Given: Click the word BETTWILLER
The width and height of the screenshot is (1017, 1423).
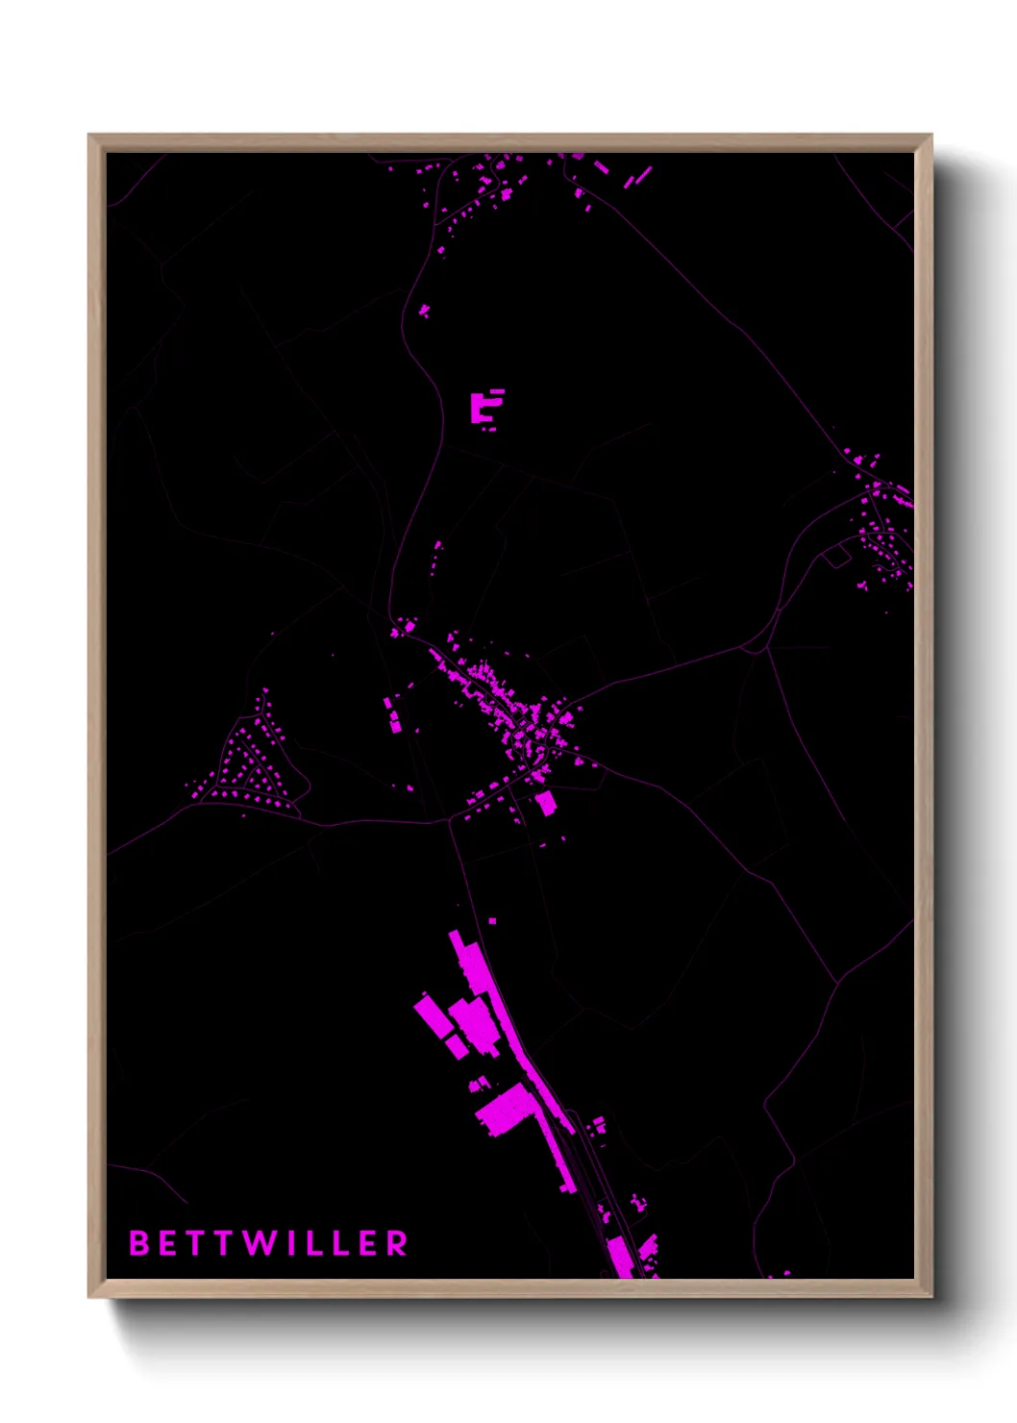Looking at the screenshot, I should point(268,1243).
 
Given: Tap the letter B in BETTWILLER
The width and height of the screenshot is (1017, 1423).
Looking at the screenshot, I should point(138,1243).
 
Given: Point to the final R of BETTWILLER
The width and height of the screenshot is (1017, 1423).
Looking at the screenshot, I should point(397,1243).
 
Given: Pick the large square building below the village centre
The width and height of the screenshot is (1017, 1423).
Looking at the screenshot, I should point(545,802).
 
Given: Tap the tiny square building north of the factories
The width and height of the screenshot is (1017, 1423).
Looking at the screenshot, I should point(492,921).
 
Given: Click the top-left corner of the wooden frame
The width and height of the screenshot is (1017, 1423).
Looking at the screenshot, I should point(89,136).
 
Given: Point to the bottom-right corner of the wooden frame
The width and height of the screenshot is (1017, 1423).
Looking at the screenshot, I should point(930,1296).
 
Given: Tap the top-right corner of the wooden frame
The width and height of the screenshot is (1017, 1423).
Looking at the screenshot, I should point(930,136).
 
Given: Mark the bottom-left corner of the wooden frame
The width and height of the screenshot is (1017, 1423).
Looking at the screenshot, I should point(89,1296).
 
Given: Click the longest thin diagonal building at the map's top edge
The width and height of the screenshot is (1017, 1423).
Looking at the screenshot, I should point(638,177).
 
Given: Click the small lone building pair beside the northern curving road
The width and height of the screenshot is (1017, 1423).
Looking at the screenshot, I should point(424,311).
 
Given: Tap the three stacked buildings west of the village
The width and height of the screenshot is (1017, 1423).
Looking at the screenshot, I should point(392,715).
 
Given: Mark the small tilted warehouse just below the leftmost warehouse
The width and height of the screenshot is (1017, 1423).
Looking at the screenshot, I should point(457,1045).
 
